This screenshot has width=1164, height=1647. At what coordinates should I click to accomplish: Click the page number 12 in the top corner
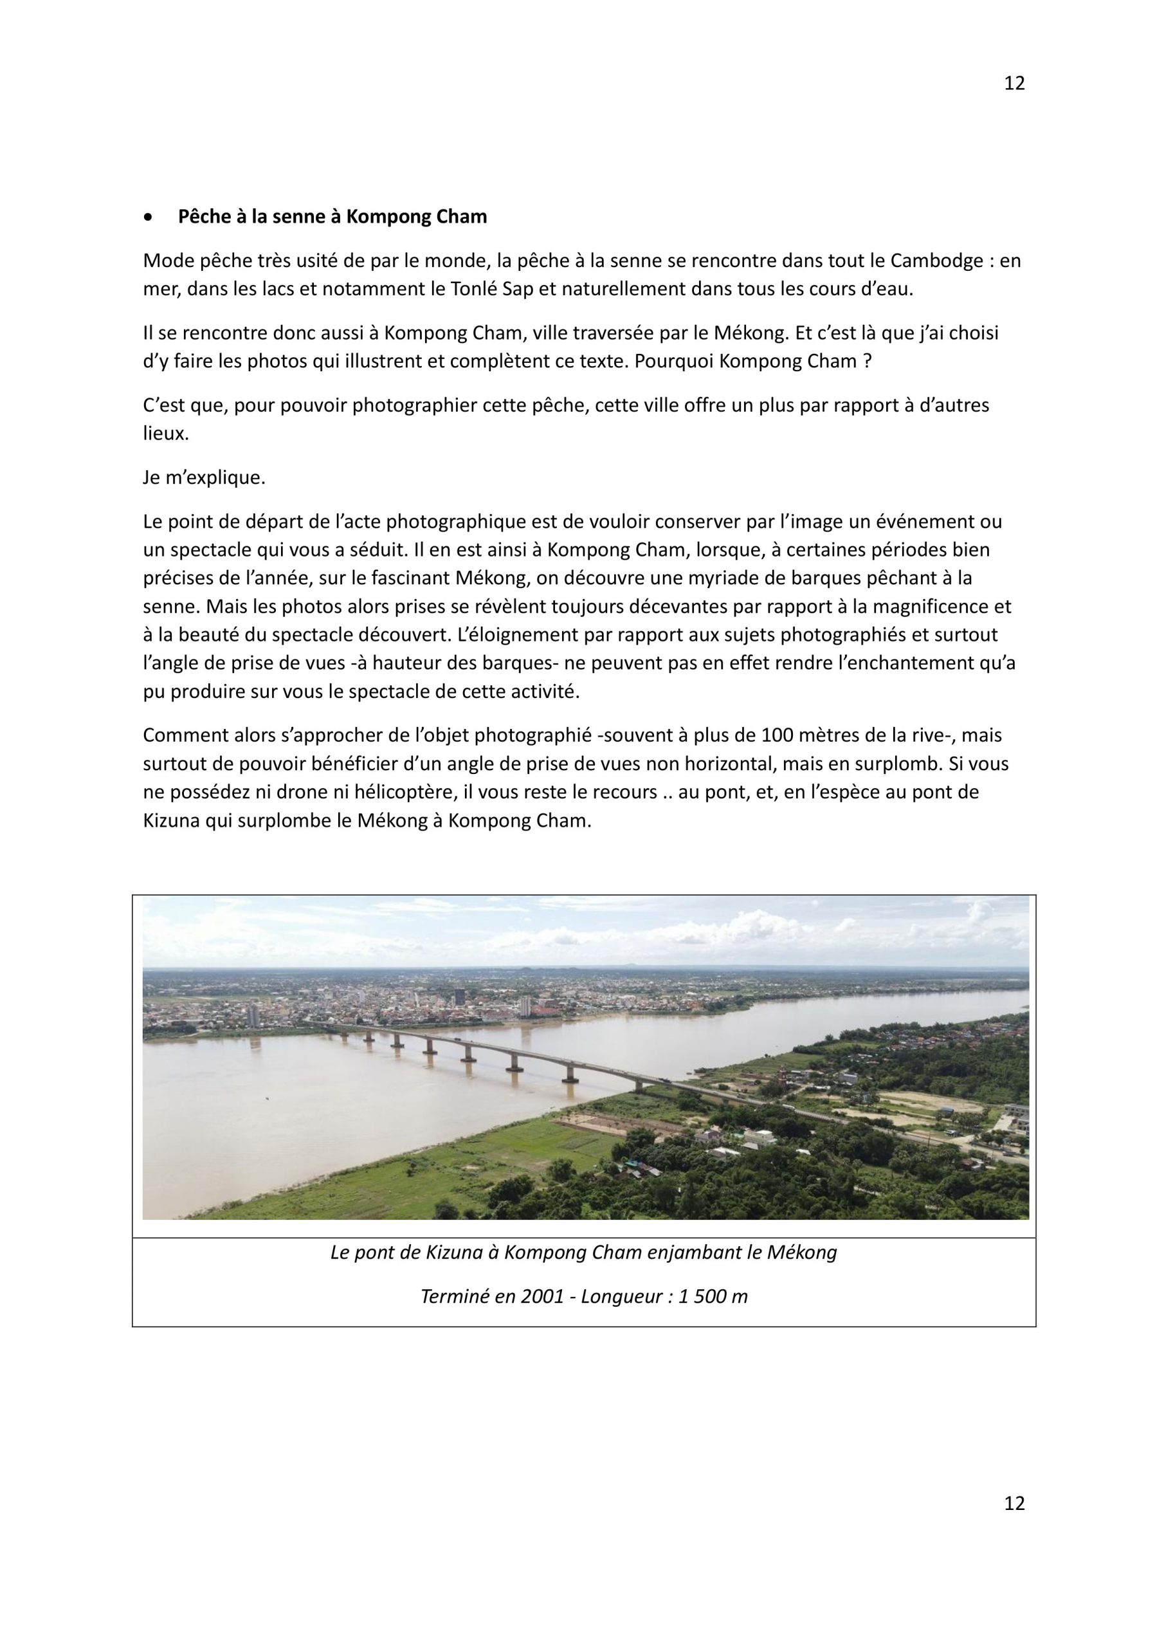click(1014, 83)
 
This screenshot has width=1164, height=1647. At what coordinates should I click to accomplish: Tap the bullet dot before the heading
click(149, 217)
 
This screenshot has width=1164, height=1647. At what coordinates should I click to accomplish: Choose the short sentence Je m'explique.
click(205, 478)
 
